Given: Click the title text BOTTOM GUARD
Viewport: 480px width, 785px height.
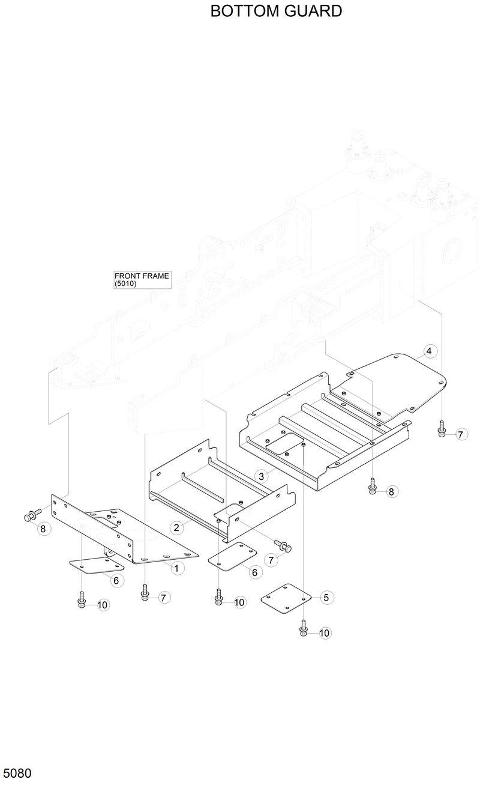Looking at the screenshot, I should point(276,11).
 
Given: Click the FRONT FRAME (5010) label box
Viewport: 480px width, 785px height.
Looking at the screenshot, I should point(142,280).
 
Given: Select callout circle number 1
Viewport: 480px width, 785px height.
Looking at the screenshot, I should point(176,567).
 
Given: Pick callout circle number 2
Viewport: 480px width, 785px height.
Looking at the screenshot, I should point(176,528).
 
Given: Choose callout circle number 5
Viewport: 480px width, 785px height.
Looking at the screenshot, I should point(326,597).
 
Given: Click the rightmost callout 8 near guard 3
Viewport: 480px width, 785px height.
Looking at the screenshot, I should point(391,491).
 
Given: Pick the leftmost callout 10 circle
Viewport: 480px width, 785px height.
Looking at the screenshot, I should point(103,605).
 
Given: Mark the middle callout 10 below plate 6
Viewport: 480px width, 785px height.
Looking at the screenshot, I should point(239,602).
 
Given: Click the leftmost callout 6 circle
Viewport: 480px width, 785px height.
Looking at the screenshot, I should point(116,580).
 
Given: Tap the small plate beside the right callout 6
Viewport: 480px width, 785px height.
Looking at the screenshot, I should point(232,556).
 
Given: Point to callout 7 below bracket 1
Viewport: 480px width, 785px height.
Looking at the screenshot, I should point(164,597).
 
